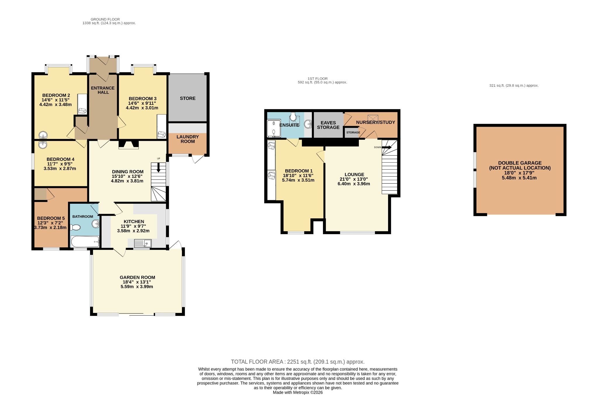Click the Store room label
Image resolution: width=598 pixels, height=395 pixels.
[x=188, y=98]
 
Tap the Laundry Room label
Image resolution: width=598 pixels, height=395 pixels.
[x=188, y=139]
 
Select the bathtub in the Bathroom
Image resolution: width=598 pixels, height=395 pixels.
[x=85, y=242]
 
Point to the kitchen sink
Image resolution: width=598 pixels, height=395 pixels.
[x=143, y=243]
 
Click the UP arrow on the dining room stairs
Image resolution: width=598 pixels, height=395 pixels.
[x=159, y=168]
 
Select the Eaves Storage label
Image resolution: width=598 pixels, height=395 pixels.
[x=328, y=125]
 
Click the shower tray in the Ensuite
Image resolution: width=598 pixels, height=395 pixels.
[x=274, y=128]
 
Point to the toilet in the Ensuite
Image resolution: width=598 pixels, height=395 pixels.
[x=293, y=117]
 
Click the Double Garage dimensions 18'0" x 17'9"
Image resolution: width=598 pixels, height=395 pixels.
[x=519, y=173]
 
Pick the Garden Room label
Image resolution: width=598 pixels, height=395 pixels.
[x=138, y=277]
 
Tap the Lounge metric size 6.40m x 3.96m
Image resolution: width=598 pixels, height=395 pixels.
[x=354, y=184]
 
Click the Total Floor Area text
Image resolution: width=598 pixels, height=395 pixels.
[x=298, y=362]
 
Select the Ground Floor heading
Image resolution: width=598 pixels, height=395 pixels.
[x=105, y=19]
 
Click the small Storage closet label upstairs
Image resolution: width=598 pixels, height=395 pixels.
[x=353, y=133]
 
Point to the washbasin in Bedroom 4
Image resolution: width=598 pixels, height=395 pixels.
[x=43, y=145]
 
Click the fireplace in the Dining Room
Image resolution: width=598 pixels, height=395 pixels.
[x=128, y=145]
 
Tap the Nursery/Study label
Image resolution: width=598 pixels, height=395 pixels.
[x=376, y=122]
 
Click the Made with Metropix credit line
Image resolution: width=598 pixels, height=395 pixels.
[x=298, y=392]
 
